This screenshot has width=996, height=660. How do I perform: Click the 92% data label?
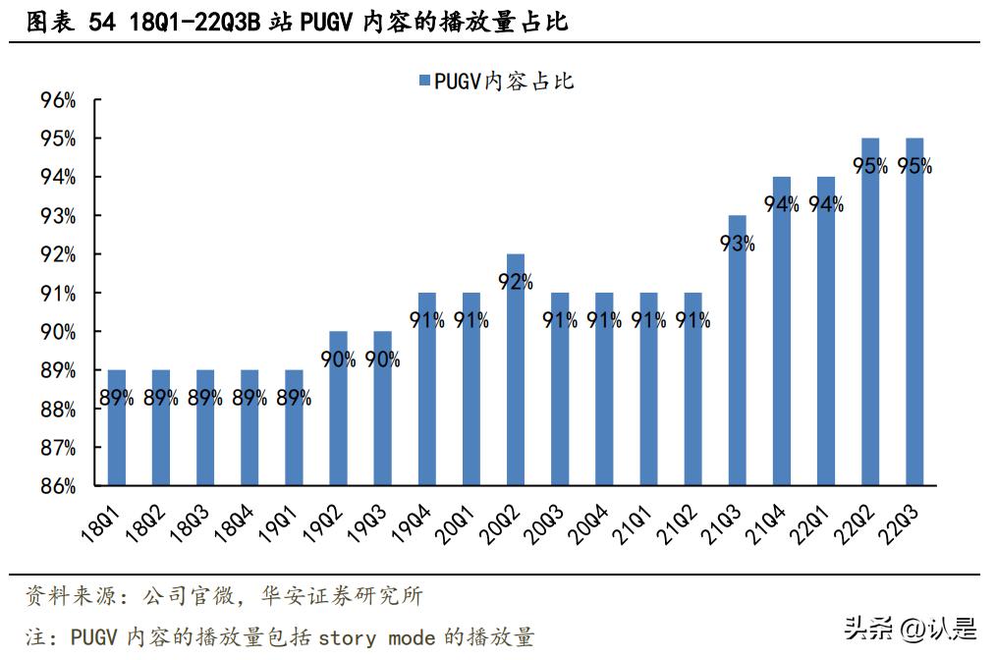[x=515, y=282]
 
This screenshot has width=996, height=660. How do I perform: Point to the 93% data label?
[x=737, y=244]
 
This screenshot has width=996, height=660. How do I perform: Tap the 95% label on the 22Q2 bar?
[x=870, y=166]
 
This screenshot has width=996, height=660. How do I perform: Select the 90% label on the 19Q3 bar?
[x=382, y=359]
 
